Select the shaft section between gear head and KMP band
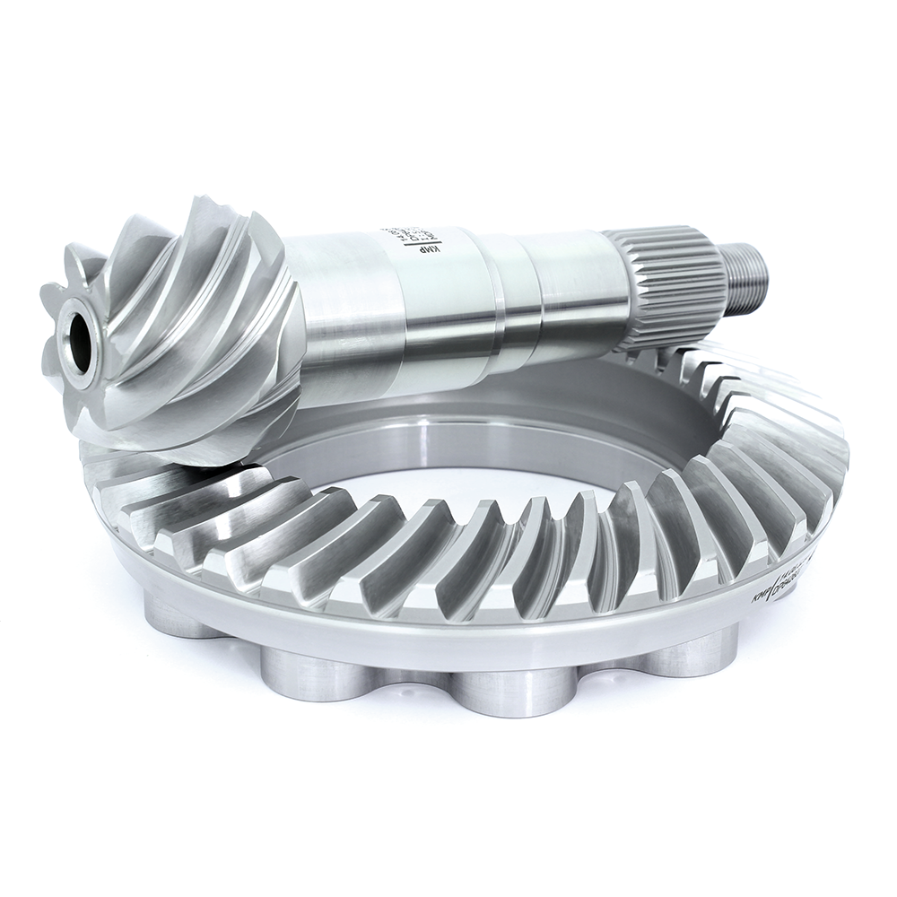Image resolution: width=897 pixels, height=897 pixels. coord(345,296)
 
